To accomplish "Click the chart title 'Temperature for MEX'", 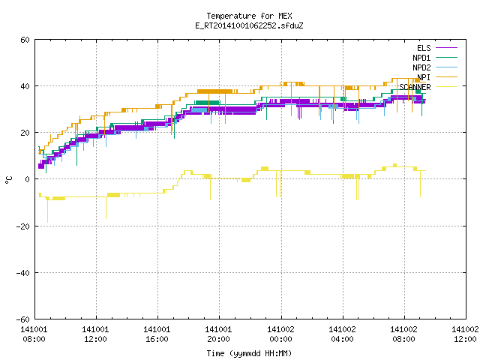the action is [249, 16].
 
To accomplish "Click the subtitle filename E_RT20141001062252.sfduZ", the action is [249, 25].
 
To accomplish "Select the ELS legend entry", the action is [424, 48].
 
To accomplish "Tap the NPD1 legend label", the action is [421, 58].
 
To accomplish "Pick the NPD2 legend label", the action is [421, 67].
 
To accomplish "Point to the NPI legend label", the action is [424, 77].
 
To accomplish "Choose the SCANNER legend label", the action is [415, 87].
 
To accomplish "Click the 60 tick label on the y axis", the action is [25, 40].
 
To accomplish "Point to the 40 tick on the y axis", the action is [25, 86].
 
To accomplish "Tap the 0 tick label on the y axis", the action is [28, 179].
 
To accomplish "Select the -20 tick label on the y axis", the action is [23, 226].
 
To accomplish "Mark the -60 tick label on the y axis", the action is [23, 319].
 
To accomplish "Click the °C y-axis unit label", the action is [8, 180].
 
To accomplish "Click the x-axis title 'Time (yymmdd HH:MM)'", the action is [249, 353].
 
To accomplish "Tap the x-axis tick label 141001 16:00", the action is [157, 334].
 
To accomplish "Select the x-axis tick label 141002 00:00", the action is [280, 334].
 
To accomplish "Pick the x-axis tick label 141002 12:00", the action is [465, 334].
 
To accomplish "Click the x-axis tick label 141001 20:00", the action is [218, 334].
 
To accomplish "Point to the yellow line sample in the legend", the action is [446, 87].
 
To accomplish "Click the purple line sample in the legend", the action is [446, 48].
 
